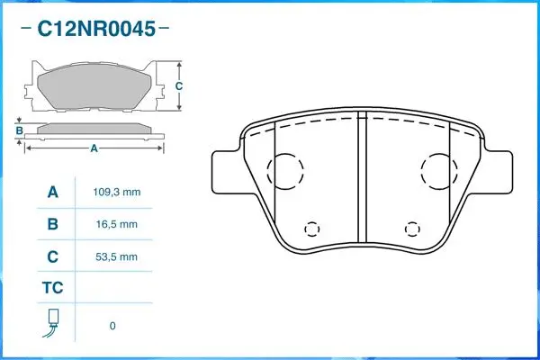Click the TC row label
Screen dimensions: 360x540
click(x=52, y=289)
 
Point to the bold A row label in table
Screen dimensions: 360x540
click(x=52, y=193)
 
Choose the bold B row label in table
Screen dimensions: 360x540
click(x=52, y=224)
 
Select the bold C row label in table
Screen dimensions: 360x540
click(x=52, y=256)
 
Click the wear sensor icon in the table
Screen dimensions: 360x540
click(x=52, y=325)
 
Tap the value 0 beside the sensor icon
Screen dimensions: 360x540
click(x=112, y=326)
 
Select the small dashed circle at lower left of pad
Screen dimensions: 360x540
click(x=312, y=229)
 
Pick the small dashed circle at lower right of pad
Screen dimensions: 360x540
click(x=412, y=229)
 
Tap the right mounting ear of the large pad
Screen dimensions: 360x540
click(x=498, y=171)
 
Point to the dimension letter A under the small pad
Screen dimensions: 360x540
click(x=94, y=149)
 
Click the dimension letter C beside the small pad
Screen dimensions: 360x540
click(x=178, y=86)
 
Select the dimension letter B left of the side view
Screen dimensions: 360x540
click(x=19, y=131)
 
